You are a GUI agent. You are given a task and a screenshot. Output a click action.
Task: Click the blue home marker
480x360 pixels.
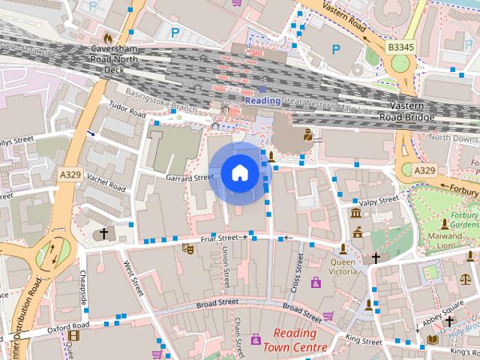(239, 173)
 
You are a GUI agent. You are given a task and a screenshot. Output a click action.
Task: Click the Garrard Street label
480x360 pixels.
(190, 178)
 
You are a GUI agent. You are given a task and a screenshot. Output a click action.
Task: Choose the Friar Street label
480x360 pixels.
(219, 238)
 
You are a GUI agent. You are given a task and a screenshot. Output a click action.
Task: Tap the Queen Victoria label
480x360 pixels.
(343, 268)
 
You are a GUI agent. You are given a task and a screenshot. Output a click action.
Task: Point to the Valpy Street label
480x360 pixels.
(379, 201)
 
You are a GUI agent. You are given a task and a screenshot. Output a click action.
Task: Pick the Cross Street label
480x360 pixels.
(296, 273)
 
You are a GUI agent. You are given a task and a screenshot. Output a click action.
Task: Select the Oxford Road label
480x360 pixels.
(68, 328)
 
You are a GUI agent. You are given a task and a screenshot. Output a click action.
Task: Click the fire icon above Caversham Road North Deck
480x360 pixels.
(108, 36)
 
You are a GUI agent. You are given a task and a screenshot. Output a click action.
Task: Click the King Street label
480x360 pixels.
(363, 340)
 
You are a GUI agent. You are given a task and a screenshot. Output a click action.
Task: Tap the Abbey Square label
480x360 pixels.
(442, 308)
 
